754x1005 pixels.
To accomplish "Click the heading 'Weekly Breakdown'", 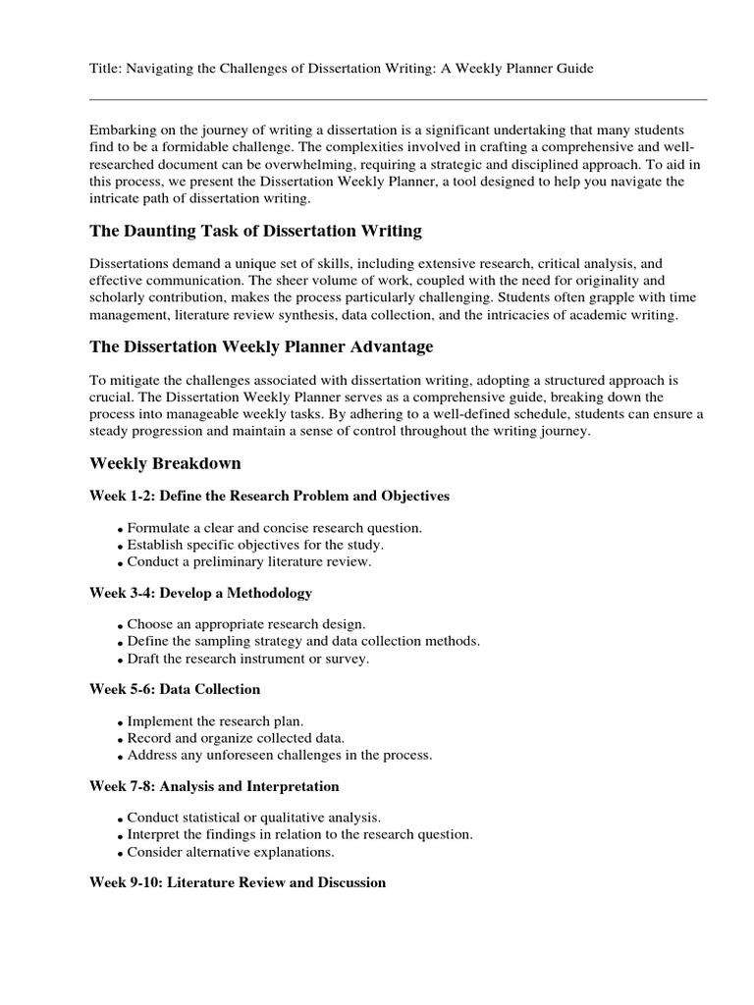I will [165, 463].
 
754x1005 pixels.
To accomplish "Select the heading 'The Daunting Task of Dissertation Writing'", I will [255, 232].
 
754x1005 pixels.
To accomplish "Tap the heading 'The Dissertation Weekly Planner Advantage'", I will [261, 347].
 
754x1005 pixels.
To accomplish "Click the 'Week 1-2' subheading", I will [269, 497].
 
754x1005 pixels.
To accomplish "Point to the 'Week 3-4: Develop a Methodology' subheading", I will [200, 593].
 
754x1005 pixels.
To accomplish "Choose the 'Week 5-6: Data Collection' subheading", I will [175, 690].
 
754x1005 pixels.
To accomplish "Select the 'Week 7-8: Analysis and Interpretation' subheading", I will [214, 786].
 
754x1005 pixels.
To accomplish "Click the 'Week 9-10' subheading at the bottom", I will [238, 883].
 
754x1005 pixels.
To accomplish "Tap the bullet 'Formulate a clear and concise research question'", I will [275, 528].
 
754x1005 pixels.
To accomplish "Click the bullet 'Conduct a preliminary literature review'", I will [249, 562].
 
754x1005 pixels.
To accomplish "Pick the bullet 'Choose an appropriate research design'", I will [246, 624].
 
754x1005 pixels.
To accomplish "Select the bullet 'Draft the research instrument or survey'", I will [248, 659].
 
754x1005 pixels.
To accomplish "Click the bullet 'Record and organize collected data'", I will [236, 738].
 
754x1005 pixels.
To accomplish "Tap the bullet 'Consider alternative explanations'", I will [231, 852].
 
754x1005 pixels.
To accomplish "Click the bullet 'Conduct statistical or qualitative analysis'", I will [253, 818].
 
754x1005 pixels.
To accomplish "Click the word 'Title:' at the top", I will [105, 68].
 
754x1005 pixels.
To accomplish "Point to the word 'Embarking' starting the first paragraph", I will [121, 131].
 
